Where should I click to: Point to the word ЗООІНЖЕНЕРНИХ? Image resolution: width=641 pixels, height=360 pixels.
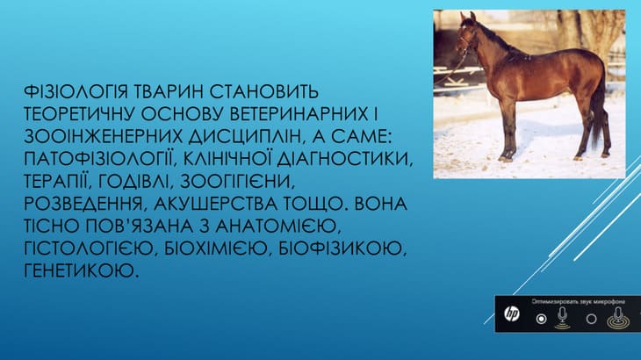[103, 136]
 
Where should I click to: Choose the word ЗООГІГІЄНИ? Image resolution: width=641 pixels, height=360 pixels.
[237, 182]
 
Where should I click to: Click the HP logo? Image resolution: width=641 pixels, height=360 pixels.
[511, 313]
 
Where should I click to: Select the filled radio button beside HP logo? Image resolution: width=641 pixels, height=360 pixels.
[541, 319]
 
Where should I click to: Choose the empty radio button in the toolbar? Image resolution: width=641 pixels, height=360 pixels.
[591, 319]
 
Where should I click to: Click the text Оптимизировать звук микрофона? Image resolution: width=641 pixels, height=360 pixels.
[578, 301]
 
